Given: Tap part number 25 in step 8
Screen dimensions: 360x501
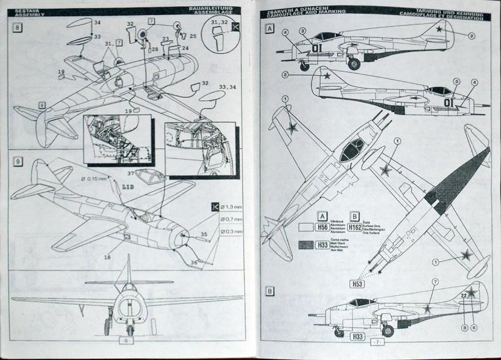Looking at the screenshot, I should coord(193,37).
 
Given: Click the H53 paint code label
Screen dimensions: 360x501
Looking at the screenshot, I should coord(358,284).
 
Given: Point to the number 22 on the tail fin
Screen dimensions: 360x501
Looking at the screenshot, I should coord(465,296).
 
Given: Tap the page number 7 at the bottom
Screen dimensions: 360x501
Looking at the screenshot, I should coord(377,342).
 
